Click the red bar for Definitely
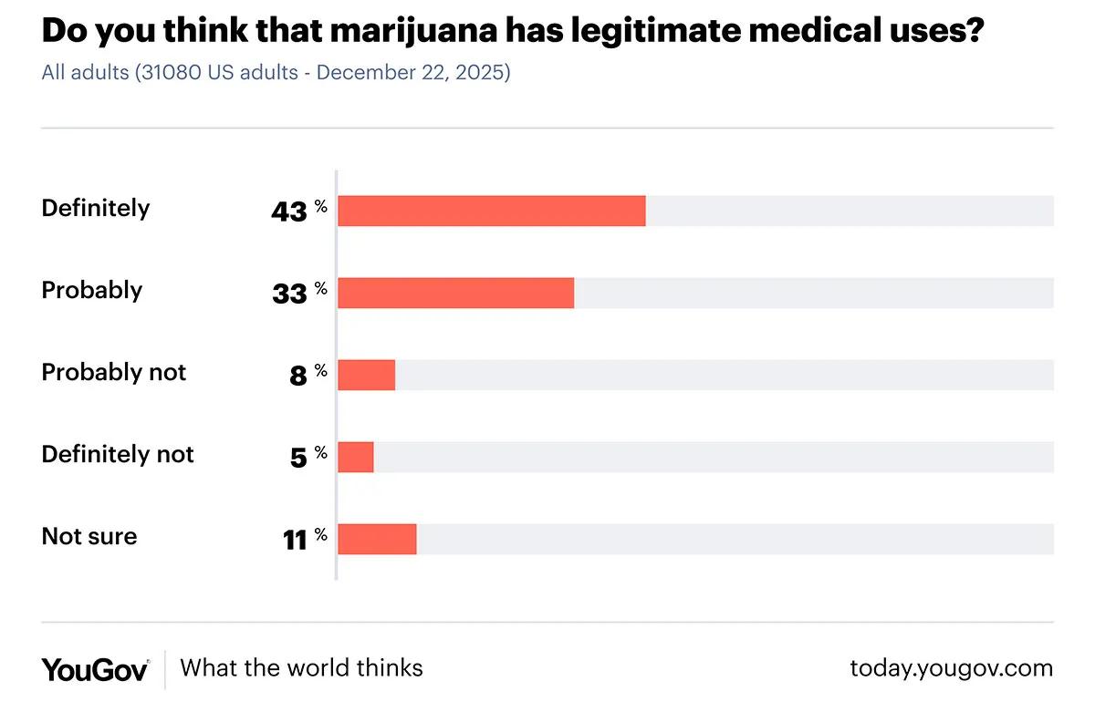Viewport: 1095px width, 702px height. click(x=492, y=211)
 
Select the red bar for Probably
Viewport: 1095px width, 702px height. click(x=456, y=293)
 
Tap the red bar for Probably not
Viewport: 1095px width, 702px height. click(x=367, y=375)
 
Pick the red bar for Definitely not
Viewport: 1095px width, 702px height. click(x=356, y=457)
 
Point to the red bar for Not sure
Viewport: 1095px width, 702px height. click(x=377, y=539)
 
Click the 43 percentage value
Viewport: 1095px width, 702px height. click(x=289, y=212)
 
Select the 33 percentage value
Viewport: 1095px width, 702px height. click(x=289, y=294)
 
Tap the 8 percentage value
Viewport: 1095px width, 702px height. click(x=298, y=376)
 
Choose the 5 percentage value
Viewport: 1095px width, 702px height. click(x=298, y=458)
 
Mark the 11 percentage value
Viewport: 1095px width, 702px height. click(x=295, y=540)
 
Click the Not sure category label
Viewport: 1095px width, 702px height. click(x=89, y=536)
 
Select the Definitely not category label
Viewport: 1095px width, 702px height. click(x=118, y=454)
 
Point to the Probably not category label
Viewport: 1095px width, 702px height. click(x=114, y=372)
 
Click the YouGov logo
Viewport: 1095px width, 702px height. click(x=95, y=669)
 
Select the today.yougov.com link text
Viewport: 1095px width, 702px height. click(x=951, y=668)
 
